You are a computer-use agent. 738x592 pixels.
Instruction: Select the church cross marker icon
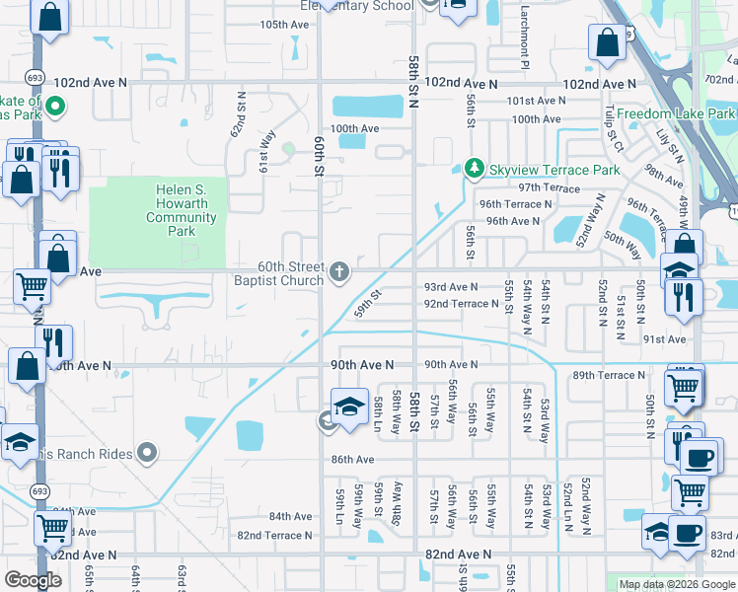339,271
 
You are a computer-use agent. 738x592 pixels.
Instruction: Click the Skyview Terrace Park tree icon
475,170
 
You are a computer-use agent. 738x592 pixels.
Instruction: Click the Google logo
34,580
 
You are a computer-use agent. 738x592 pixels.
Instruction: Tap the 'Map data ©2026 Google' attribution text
676,584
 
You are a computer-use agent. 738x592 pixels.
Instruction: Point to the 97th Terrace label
549,186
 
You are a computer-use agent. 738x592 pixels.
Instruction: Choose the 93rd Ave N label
451,286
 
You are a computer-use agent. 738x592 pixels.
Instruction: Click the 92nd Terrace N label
461,304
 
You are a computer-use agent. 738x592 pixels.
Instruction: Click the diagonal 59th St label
368,299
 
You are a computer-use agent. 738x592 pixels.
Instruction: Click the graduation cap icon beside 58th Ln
349,407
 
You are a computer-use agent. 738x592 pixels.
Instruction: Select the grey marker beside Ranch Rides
147,454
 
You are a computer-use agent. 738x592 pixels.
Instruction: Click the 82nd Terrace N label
273,535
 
